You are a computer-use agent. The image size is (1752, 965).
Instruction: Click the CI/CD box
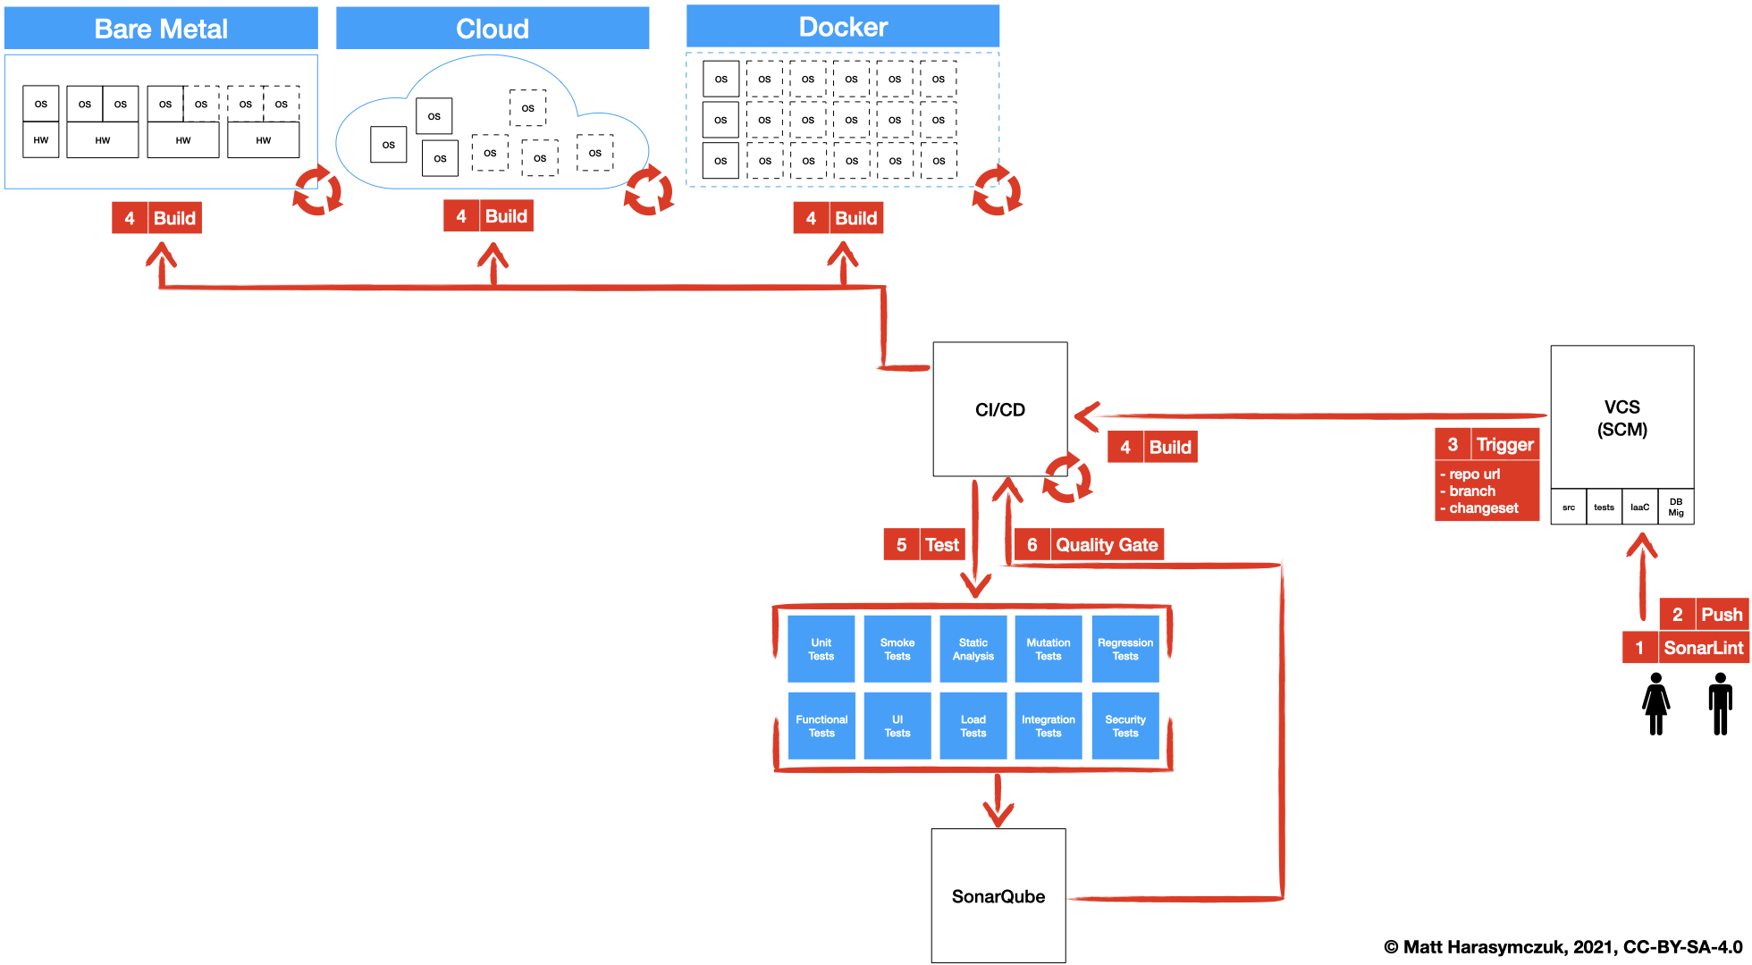click(x=999, y=409)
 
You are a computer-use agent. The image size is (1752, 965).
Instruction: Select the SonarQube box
click(x=998, y=895)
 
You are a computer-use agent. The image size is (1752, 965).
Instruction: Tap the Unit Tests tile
click(x=821, y=649)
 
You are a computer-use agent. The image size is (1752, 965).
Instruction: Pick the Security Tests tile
click(x=1124, y=726)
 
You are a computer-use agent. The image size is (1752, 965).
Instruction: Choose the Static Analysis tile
click(x=973, y=649)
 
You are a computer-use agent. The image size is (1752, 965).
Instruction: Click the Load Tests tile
click(x=973, y=726)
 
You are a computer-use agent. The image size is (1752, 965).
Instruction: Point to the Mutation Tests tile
click(x=1048, y=649)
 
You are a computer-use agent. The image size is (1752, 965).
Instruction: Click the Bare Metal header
click(x=161, y=29)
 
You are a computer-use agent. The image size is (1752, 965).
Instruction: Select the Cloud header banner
click(x=492, y=29)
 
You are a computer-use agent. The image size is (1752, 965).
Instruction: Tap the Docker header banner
click(x=842, y=27)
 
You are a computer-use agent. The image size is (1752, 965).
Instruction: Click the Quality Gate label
click(x=1106, y=544)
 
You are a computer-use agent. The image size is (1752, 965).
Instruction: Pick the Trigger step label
click(x=1504, y=444)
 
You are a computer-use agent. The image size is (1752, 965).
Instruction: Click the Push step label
click(x=1721, y=614)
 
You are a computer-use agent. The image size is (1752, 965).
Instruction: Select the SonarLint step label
click(x=1703, y=648)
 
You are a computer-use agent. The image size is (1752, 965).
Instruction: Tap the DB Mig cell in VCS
click(x=1675, y=507)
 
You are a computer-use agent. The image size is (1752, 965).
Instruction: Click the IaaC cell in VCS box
click(x=1639, y=507)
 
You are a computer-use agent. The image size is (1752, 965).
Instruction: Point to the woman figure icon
click(x=1655, y=704)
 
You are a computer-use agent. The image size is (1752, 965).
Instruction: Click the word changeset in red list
click(x=1483, y=508)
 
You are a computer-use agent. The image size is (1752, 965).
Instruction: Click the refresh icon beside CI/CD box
click(x=1066, y=479)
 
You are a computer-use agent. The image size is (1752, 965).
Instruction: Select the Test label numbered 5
click(x=941, y=544)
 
